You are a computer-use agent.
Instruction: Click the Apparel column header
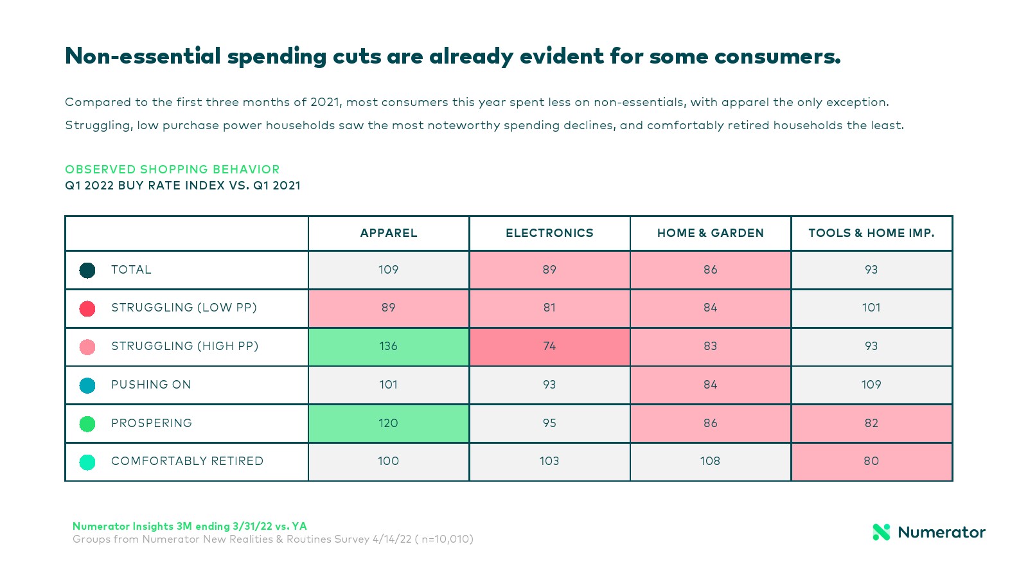point(389,233)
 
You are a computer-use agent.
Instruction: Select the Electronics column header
point(549,233)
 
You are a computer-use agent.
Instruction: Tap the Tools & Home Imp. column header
point(871,233)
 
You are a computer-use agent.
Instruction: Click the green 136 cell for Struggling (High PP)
point(389,346)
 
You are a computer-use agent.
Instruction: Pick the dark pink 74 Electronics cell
point(549,346)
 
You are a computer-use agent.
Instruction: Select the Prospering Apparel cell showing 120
point(389,423)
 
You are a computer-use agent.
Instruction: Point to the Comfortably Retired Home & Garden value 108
point(710,461)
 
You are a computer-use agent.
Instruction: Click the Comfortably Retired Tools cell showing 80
point(871,461)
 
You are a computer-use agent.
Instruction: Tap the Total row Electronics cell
point(549,270)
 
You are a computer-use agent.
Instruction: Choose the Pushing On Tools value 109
point(871,385)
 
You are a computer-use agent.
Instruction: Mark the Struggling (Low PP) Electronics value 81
point(549,308)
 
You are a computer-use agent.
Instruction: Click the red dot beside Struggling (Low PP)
point(87,308)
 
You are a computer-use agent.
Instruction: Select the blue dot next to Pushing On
point(87,385)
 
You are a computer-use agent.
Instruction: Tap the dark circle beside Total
point(87,270)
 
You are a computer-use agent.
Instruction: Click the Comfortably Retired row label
point(187,461)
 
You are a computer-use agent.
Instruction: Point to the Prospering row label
point(152,423)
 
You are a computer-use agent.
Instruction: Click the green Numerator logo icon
point(882,532)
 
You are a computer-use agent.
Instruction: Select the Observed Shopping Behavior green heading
point(172,170)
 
